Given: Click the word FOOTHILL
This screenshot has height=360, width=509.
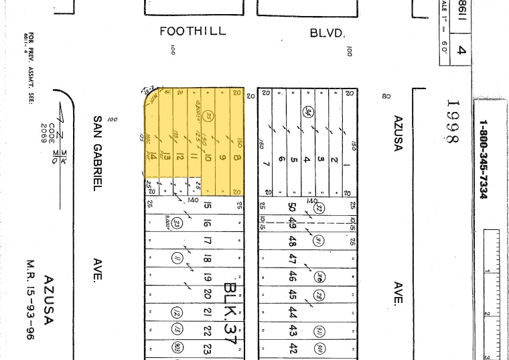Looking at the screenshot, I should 193,32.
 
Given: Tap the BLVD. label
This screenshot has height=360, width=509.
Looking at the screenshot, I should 327,32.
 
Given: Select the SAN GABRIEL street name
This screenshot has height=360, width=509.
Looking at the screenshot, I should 98,152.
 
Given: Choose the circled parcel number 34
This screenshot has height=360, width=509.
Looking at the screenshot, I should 308,112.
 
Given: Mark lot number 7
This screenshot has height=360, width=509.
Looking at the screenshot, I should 267,163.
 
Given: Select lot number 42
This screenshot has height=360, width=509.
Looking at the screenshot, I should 293,348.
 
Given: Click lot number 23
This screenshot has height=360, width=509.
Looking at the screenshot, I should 208,349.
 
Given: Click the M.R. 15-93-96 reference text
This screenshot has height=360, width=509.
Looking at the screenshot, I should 29,300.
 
